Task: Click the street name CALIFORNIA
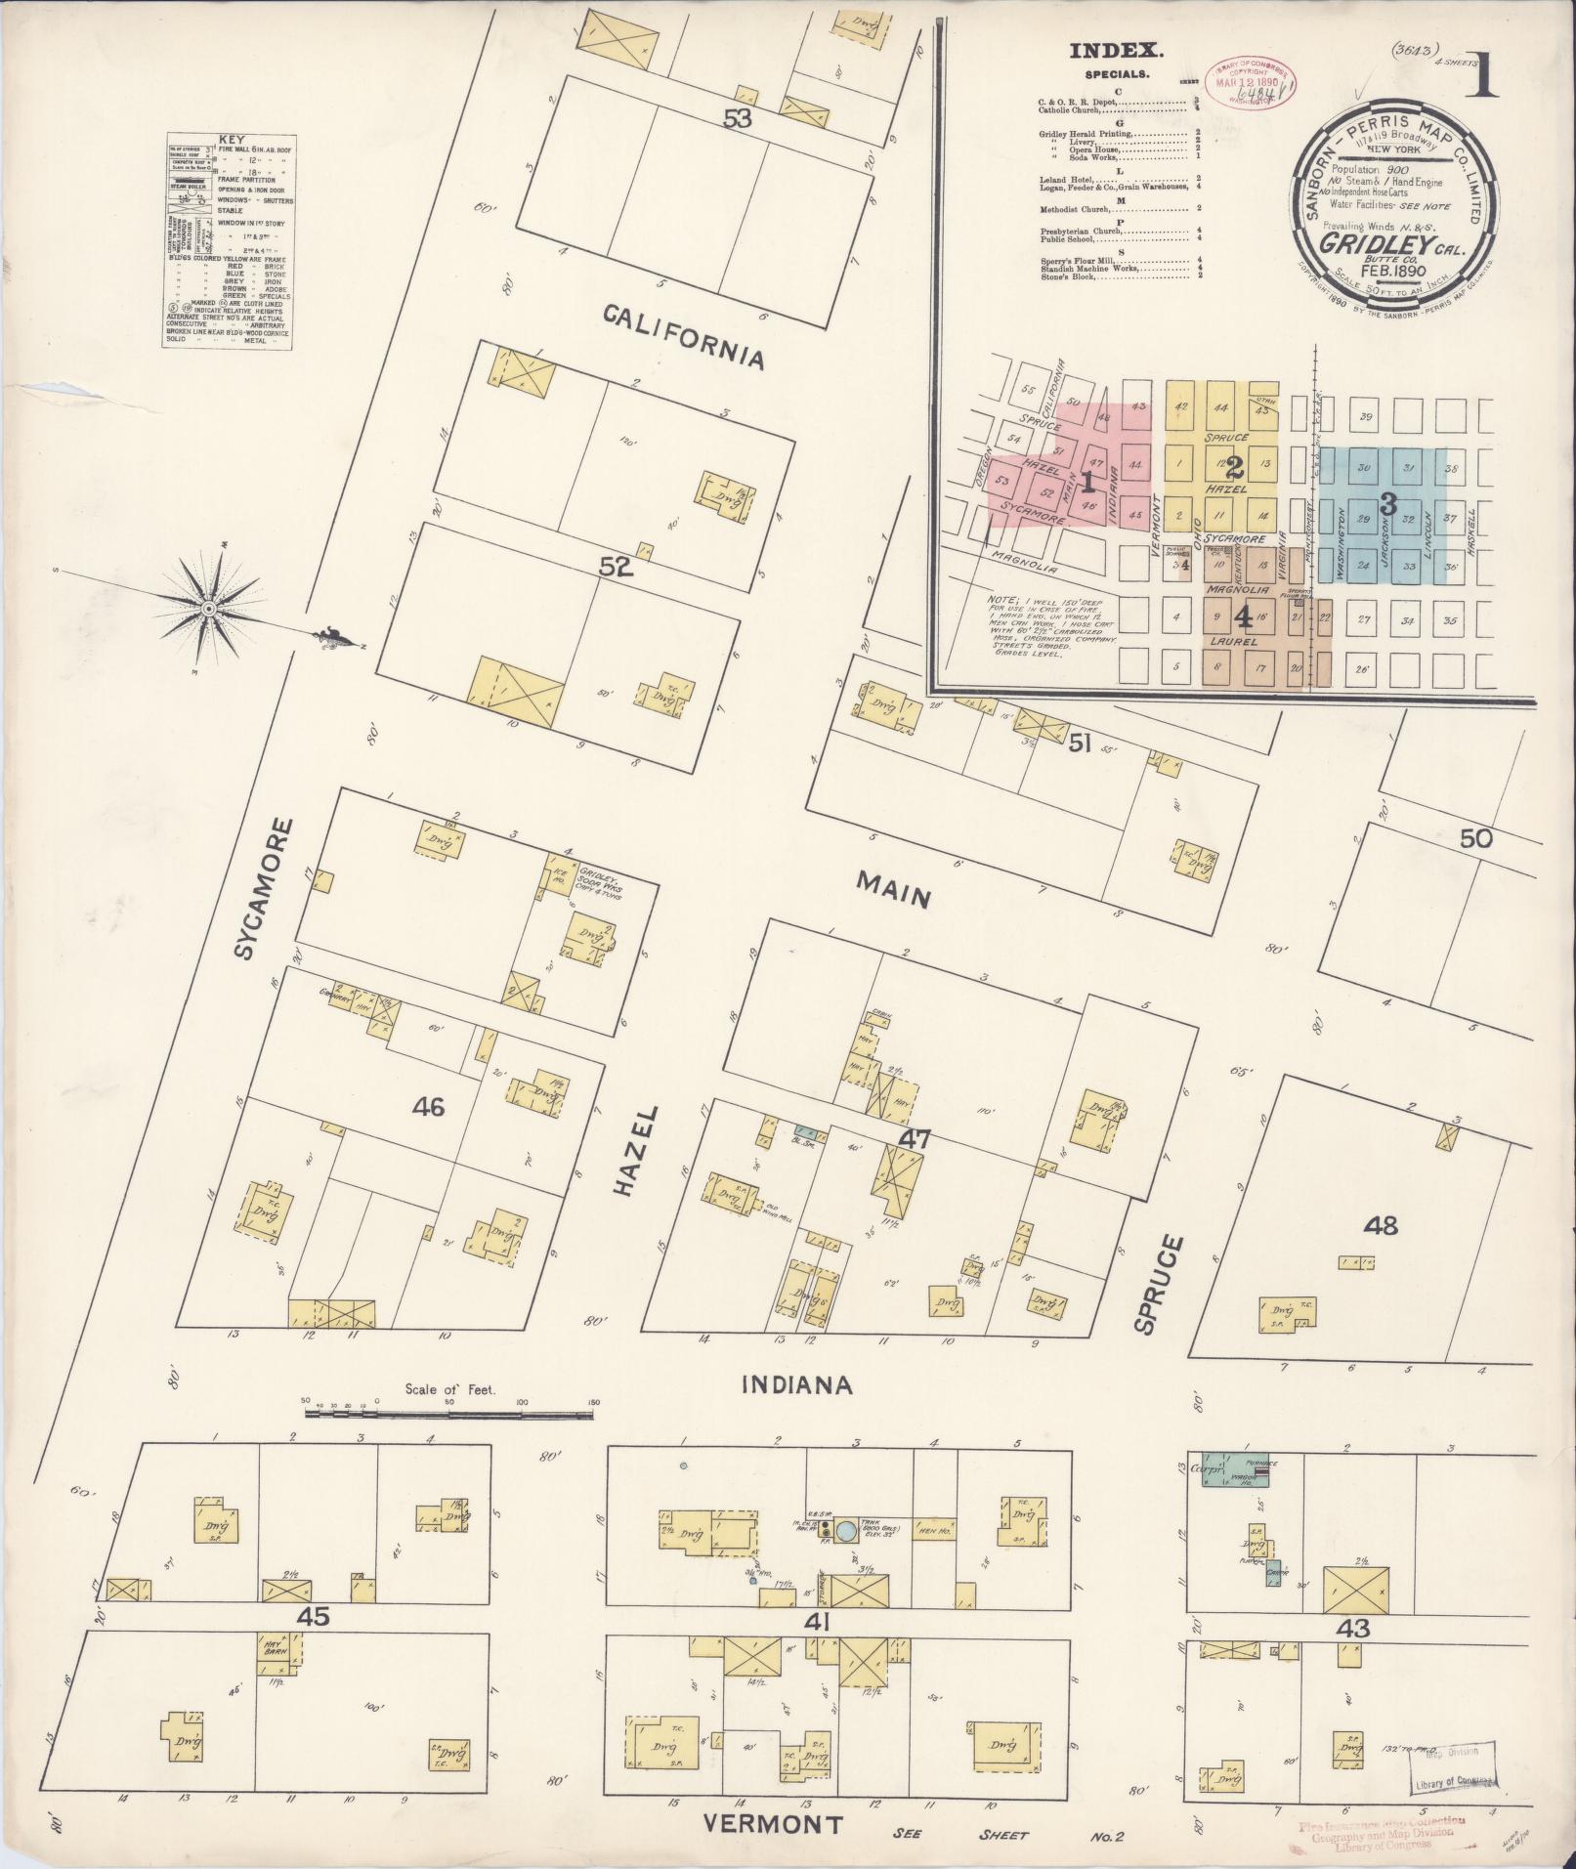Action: coord(682,335)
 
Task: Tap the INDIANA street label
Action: coord(797,1384)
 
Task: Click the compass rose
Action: coord(208,609)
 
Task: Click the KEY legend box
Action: coord(229,240)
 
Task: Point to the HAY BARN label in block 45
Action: coord(273,1645)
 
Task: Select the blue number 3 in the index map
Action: coord(1385,504)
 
